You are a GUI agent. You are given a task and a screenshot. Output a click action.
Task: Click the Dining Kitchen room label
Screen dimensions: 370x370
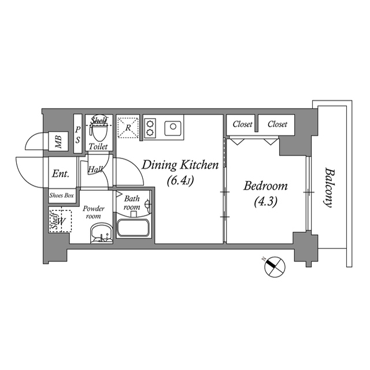tap(180, 165)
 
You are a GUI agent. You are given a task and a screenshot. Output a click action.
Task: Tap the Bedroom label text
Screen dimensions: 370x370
tap(265, 186)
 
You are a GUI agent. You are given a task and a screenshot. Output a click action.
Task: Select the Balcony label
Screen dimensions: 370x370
tap(330, 187)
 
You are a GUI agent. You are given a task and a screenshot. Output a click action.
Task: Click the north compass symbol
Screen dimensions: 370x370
tap(275, 267)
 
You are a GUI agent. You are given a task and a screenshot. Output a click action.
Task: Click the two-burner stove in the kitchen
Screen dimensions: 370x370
tap(150, 128)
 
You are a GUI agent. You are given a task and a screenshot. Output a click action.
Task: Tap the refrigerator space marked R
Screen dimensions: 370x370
tap(128, 127)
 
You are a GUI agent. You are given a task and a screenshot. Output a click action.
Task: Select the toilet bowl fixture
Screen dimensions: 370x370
tap(99, 132)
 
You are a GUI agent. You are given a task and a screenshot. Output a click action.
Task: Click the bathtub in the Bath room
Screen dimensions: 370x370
tap(134, 227)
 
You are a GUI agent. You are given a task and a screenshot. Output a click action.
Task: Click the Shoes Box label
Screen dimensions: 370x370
tap(62, 195)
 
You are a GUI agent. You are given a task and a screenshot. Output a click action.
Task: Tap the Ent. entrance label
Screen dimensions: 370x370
tap(60, 173)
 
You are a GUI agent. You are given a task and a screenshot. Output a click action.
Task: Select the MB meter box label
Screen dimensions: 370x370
tap(58, 140)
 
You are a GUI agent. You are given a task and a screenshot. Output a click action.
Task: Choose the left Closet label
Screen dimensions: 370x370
tap(242, 124)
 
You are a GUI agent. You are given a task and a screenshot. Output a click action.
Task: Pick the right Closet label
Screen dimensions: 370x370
tap(277, 124)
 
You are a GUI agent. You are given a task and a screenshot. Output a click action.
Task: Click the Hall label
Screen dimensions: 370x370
tap(95, 170)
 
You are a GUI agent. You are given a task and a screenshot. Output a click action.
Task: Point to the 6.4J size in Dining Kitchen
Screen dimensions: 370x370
tap(180, 180)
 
